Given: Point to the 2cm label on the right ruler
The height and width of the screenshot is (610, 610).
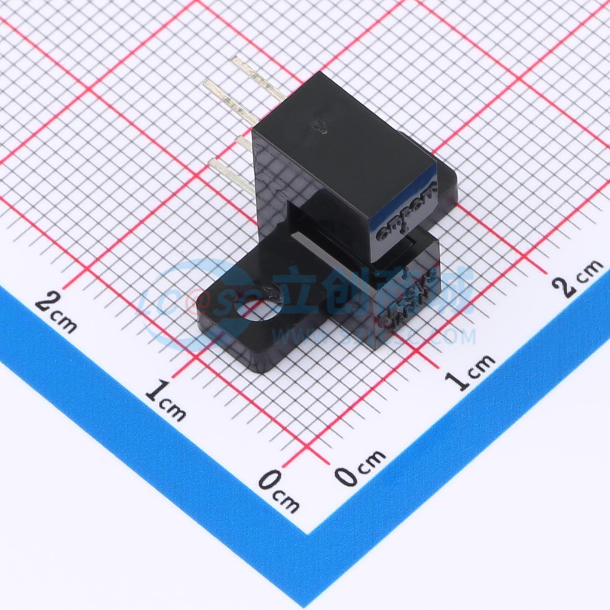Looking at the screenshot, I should pos(580,279).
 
